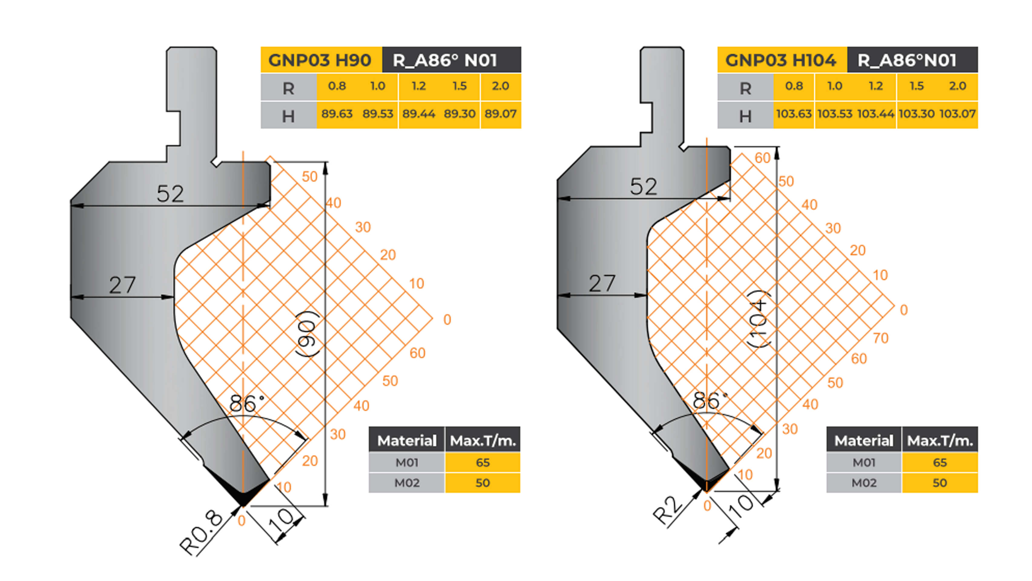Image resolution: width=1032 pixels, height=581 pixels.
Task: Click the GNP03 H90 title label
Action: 320,60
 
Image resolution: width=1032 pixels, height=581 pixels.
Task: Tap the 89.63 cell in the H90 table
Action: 337,114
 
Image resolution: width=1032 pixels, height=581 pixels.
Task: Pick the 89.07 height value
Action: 500,114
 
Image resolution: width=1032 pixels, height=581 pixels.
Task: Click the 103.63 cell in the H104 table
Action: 794,114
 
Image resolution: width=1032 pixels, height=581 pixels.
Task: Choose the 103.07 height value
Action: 958,114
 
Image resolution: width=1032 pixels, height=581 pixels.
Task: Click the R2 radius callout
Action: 667,510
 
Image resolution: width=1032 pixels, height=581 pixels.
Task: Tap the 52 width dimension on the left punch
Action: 170,194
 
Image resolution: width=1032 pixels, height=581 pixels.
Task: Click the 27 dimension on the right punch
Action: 602,284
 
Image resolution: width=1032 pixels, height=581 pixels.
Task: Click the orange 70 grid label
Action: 881,338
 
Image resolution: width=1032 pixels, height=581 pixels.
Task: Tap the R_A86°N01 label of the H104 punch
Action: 907,60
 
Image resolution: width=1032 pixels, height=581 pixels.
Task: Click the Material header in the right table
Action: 864,441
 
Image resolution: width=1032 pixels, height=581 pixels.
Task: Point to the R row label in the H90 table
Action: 288,88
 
